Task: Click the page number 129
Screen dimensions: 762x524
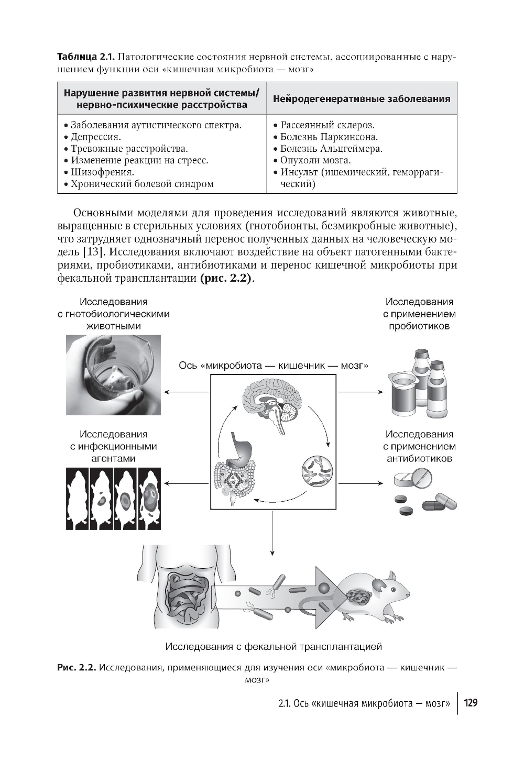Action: [x=471, y=703]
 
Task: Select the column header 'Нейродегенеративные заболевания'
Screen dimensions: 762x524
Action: [x=362, y=99]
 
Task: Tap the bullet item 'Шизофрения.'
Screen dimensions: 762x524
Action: [x=103, y=172]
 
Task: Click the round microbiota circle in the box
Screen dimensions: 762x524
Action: [x=317, y=469]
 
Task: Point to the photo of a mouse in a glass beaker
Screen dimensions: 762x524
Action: [x=113, y=375]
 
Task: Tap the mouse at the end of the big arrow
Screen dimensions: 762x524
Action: [x=373, y=595]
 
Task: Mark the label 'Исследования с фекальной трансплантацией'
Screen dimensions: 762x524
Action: [x=274, y=647]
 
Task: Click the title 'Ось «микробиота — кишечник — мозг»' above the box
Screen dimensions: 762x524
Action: [x=273, y=365]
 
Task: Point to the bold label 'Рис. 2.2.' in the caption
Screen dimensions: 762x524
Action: [x=77, y=668]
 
